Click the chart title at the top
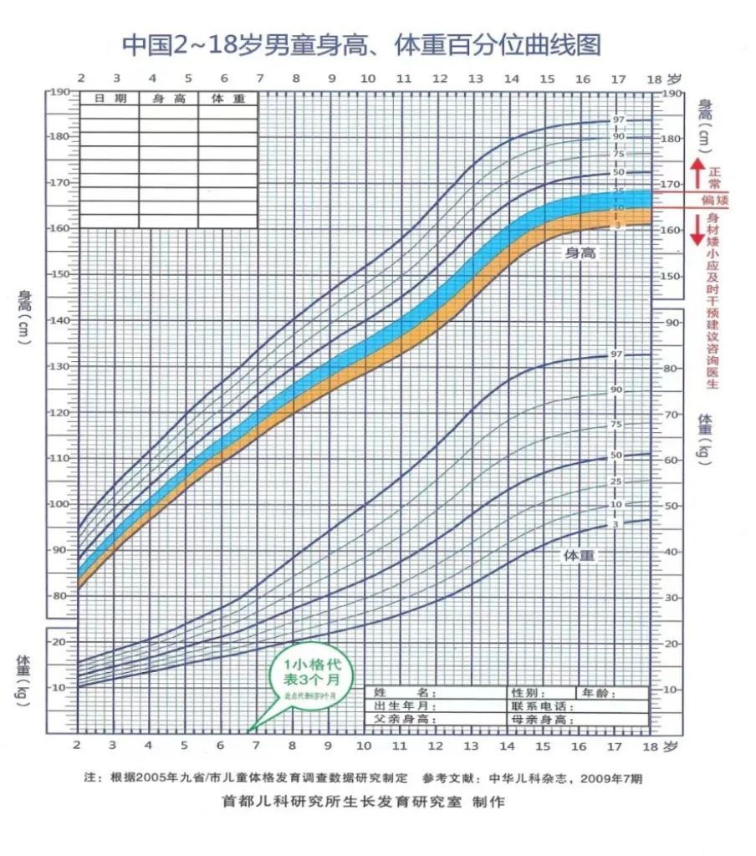(361, 44)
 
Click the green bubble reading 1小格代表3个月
(306, 676)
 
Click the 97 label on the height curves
(618, 120)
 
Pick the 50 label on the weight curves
(616, 456)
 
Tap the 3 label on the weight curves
(616, 524)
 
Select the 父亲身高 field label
(406, 719)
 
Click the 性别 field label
(531, 693)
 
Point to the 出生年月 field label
(406, 706)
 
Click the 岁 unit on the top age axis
(676, 79)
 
